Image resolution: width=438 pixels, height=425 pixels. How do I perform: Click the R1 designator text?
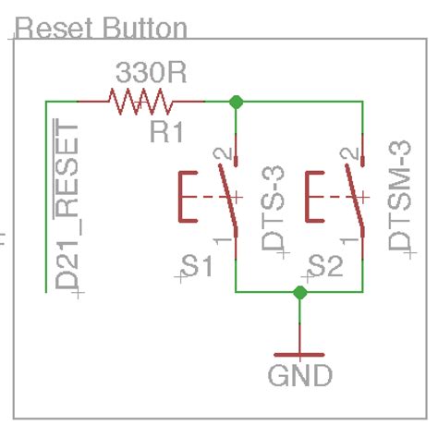click(166, 132)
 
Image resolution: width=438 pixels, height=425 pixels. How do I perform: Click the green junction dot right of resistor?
click(237, 101)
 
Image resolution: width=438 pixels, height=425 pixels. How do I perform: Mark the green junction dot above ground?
click(299, 293)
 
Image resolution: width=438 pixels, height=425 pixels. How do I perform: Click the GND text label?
click(299, 376)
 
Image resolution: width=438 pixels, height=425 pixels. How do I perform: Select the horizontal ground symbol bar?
click(299, 355)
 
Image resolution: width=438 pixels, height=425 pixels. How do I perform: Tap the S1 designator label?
click(197, 268)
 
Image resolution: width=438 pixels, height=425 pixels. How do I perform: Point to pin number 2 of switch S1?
click(219, 153)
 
